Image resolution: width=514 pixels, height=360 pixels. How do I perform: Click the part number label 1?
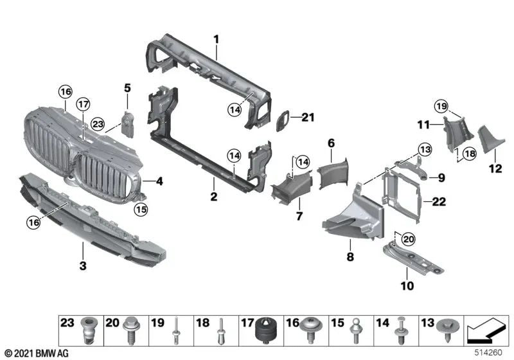pyautogui.click(x=217, y=39)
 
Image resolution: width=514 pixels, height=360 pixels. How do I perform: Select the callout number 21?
pyautogui.click(x=309, y=116)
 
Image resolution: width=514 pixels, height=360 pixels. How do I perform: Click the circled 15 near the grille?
pyautogui.click(x=141, y=208)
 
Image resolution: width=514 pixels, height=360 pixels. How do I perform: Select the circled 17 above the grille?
pyautogui.click(x=84, y=105)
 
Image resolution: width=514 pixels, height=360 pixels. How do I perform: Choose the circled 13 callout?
pyautogui.click(x=423, y=149)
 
